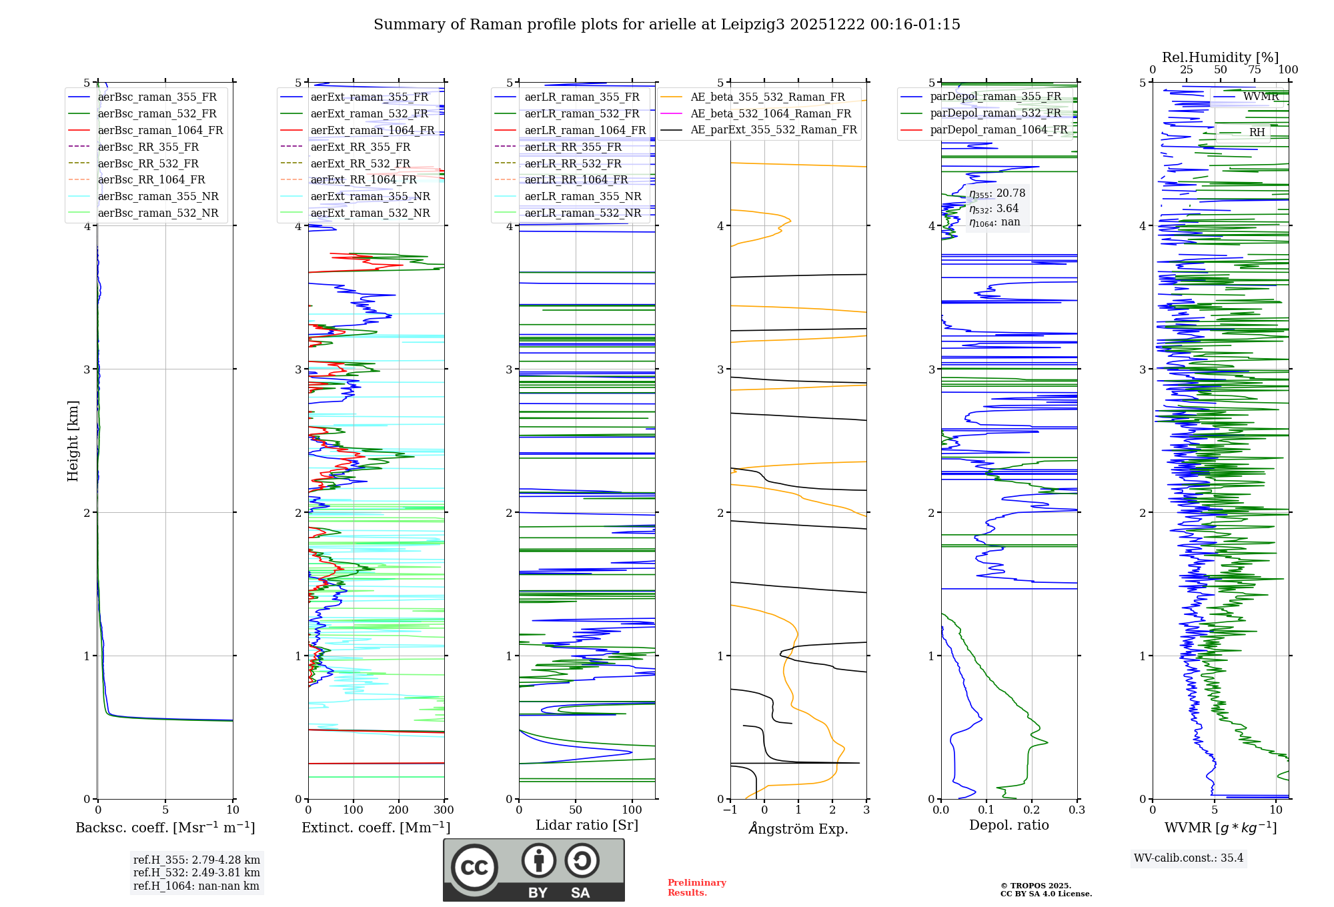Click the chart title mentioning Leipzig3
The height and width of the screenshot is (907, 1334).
click(666, 25)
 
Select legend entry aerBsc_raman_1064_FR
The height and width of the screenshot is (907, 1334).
click(160, 131)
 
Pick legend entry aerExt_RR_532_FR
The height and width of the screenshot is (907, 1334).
click(360, 163)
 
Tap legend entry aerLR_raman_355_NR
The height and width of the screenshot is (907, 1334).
click(582, 197)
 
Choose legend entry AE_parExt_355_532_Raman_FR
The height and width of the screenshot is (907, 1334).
click(773, 130)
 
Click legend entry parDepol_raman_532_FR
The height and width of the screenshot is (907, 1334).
click(995, 113)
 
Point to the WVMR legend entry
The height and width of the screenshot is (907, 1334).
click(1261, 97)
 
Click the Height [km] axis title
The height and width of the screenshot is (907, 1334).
click(73, 441)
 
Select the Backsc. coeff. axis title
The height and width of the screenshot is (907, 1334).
click(165, 828)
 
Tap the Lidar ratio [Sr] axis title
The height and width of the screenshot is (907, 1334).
click(587, 826)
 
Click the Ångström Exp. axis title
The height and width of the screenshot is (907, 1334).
click(798, 829)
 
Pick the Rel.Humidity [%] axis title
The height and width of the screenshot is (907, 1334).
click(1220, 57)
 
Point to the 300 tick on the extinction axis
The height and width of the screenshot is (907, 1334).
click(444, 810)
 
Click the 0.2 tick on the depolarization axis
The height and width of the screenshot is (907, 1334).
click(1032, 810)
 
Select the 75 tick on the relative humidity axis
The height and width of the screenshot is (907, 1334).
click(1254, 70)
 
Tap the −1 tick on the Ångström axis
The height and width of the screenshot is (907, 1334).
click(730, 810)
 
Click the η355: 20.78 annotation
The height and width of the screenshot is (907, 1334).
click(997, 193)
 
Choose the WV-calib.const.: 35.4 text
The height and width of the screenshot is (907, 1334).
click(1189, 858)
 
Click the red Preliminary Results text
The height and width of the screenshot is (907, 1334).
click(696, 888)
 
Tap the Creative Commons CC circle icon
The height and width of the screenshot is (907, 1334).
click(474, 868)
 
